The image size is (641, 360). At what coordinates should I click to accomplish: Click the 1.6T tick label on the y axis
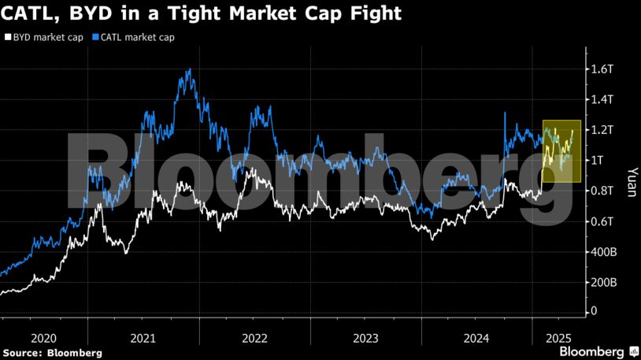pyautogui.click(x=602, y=69)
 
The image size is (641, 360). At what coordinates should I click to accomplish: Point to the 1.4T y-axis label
pyautogui.click(x=602, y=99)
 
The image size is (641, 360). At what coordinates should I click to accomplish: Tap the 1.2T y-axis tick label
pyautogui.click(x=602, y=130)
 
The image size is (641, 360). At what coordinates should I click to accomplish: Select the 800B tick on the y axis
pyautogui.click(x=602, y=191)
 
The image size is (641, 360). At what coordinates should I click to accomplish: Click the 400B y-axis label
pyautogui.click(x=604, y=252)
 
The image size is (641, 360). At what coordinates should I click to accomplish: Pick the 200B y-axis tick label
pyautogui.click(x=604, y=282)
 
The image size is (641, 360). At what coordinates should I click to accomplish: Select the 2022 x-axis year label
pyautogui.click(x=255, y=338)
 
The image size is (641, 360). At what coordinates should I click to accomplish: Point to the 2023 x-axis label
pyautogui.click(x=366, y=338)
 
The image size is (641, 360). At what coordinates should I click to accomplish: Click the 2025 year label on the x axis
pyautogui.click(x=558, y=338)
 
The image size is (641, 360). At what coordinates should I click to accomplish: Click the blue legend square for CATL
pyautogui.click(x=95, y=37)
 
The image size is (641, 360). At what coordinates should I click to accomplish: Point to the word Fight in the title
pyautogui.click(x=374, y=13)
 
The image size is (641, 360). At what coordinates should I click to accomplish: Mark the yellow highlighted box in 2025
pyautogui.click(x=561, y=151)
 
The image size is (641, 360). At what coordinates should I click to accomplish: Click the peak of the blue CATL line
pyautogui.click(x=190, y=70)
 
